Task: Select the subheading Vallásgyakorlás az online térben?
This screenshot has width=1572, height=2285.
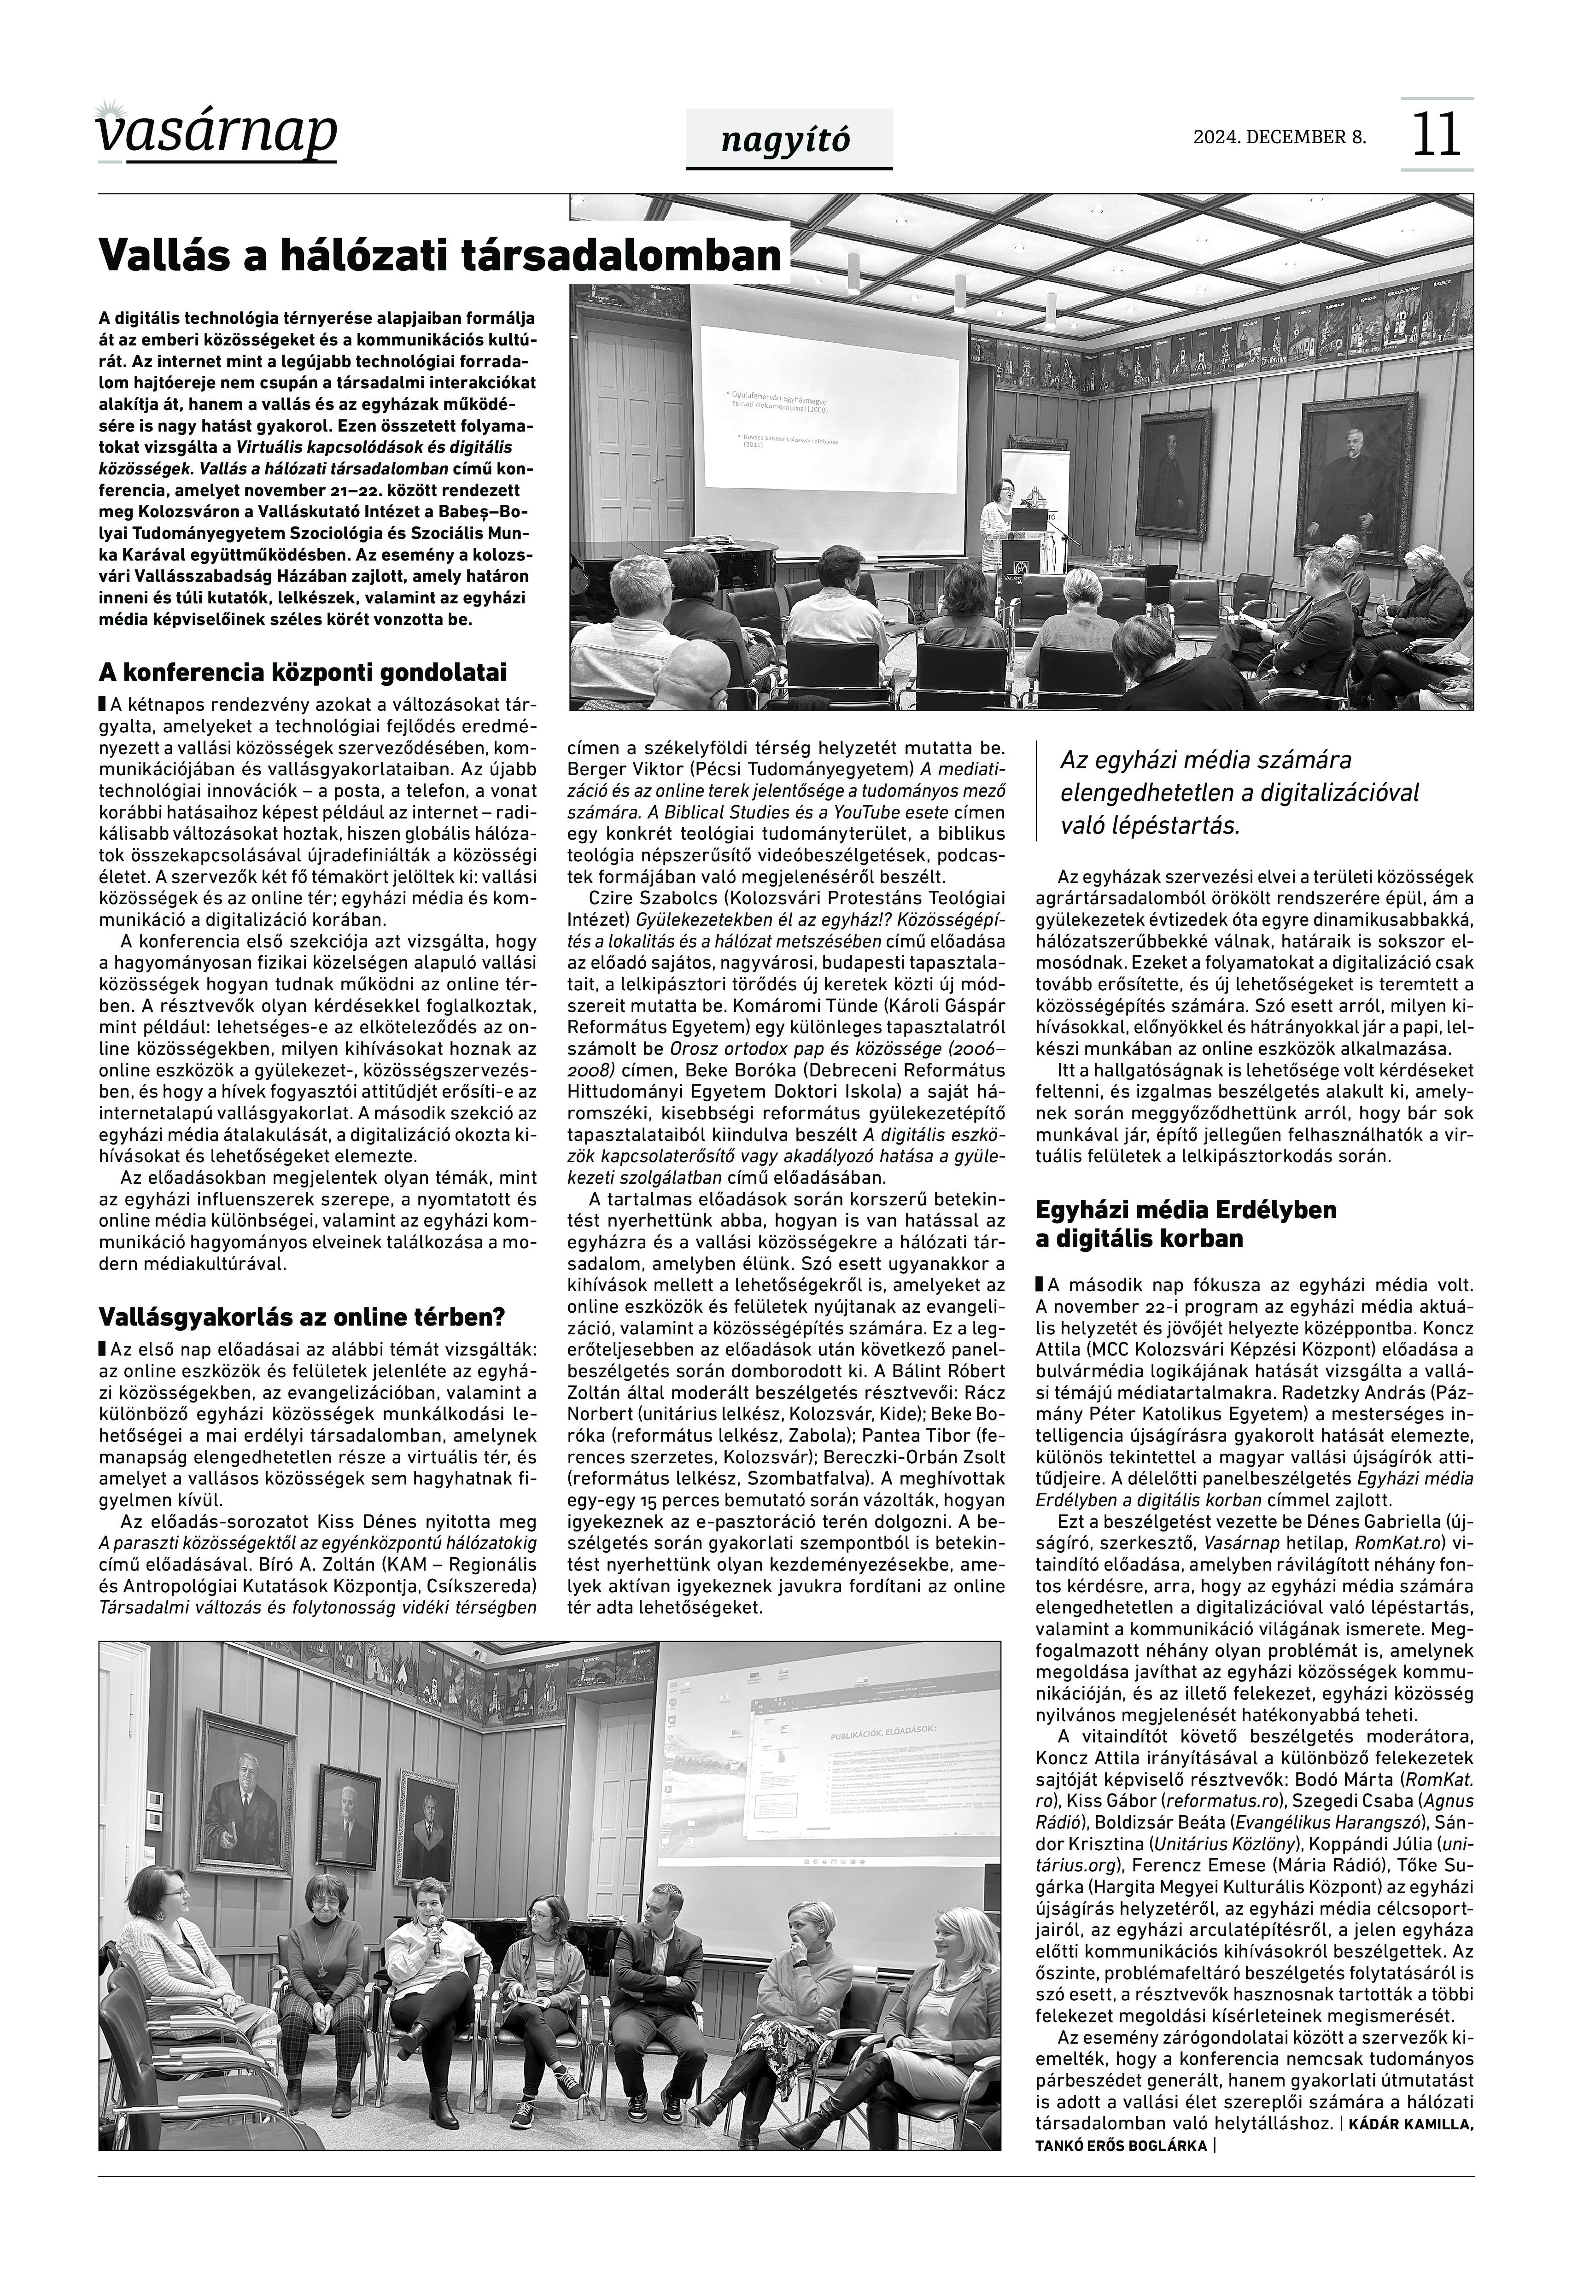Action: pos(303,1317)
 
